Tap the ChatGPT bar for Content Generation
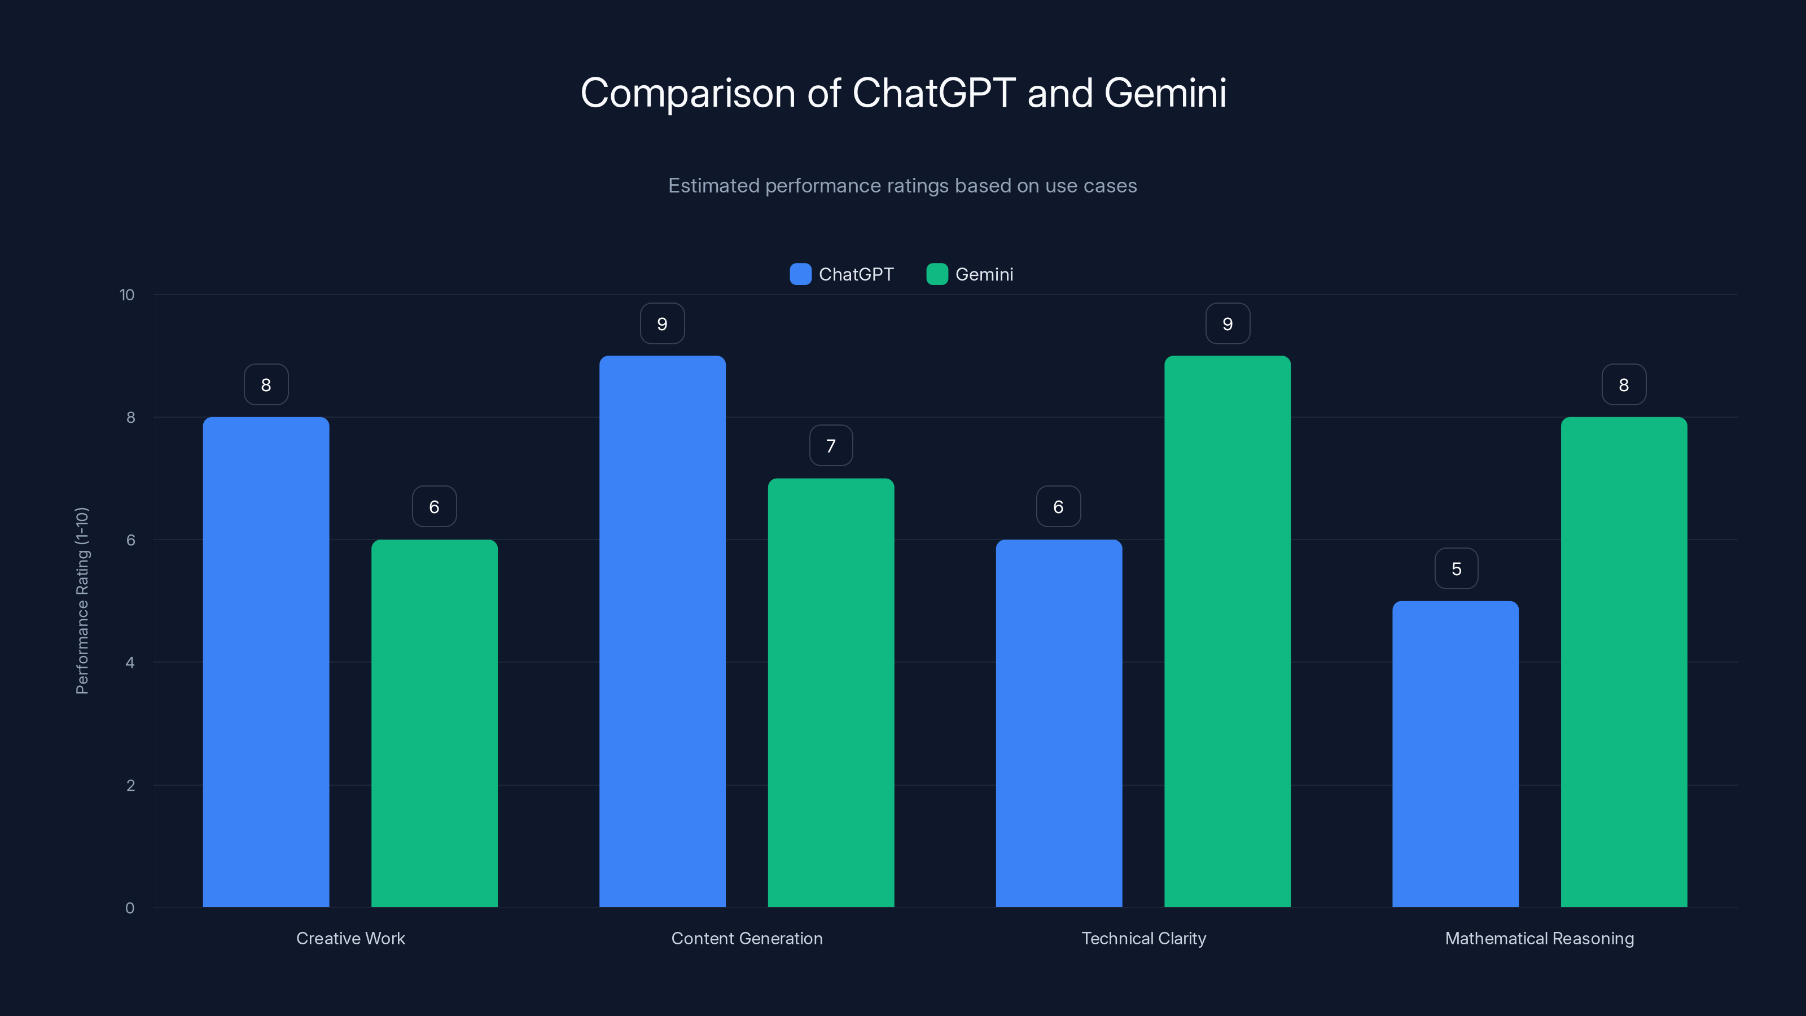point(662,631)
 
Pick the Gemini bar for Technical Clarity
point(1227,631)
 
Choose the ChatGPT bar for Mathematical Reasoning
point(1455,754)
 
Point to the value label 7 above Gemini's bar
point(831,445)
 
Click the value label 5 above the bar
point(1456,568)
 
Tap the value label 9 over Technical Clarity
point(1227,323)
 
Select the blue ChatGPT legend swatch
point(800,274)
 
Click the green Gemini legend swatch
point(937,274)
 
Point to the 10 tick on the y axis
point(127,295)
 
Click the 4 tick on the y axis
point(130,663)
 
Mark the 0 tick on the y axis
point(130,908)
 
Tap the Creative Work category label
point(350,938)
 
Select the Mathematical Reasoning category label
point(1539,938)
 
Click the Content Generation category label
point(747,938)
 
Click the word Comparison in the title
point(687,93)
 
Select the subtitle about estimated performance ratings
point(902,186)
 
